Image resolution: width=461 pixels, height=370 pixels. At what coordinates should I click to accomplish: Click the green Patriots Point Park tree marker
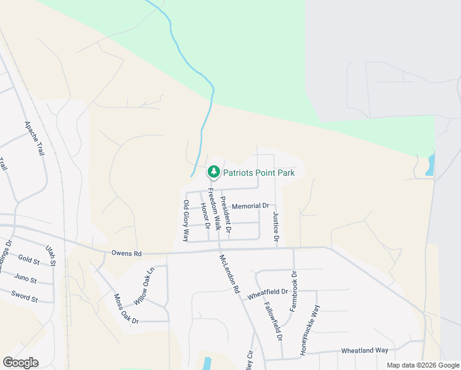pyautogui.click(x=213, y=171)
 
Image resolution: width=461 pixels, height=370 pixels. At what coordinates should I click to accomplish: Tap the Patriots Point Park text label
pyautogui.click(x=258, y=173)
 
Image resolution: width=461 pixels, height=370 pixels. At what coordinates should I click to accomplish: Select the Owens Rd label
pyautogui.click(x=126, y=253)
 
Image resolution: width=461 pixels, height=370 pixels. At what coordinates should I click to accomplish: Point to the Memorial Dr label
pyautogui.click(x=251, y=206)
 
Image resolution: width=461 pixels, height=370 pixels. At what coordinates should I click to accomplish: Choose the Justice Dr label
pyautogui.click(x=275, y=226)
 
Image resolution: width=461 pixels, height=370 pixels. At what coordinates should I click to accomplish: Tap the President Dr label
pyautogui.click(x=226, y=213)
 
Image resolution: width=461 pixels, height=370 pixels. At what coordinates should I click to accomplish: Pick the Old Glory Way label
pyautogui.click(x=186, y=220)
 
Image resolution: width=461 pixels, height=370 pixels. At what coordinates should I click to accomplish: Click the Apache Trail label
pyautogui.click(x=35, y=138)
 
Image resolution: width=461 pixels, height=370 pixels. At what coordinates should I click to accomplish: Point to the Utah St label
pyautogui.click(x=51, y=255)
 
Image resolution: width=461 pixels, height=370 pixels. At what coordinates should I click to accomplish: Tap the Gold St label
pyautogui.click(x=29, y=260)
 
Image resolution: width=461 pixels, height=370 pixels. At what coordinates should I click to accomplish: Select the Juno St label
pyautogui.click(x=25, y=279)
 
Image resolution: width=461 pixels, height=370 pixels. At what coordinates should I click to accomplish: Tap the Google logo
pyautogui.click(x=20, y=363)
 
